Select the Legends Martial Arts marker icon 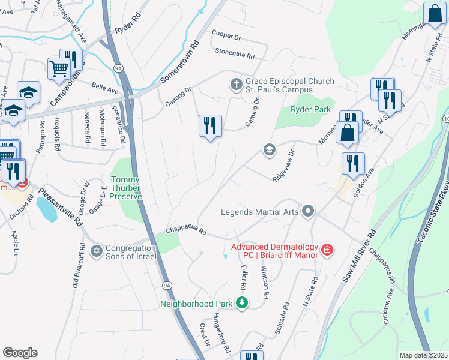(308, 211)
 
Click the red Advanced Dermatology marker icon (327, 249)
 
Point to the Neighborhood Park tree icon (241, 303)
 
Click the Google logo (20, 352)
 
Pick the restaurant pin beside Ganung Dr (210, 126)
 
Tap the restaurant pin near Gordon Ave (353, 164)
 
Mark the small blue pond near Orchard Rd (44, 208)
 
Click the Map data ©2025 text (423, 355)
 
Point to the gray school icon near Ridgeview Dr (269, 149)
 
